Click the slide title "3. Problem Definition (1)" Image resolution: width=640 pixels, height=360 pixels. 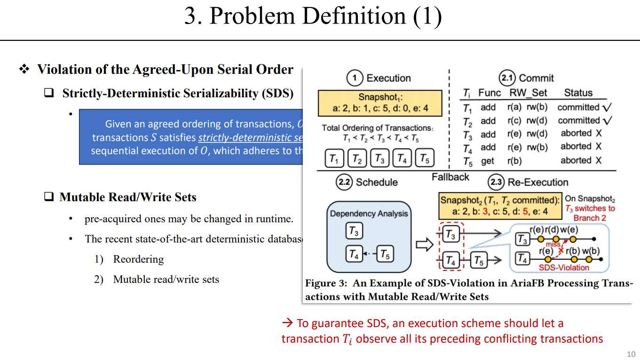[313, 16]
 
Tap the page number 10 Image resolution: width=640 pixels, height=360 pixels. [631, 354]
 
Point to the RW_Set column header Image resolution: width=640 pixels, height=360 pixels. [529, 93]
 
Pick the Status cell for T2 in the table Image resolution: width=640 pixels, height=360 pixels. [585, 121]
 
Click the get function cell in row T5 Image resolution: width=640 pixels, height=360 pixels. [487, 161]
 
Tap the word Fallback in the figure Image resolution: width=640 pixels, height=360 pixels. [450, 177]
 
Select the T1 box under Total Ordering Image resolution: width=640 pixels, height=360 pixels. [334, 159]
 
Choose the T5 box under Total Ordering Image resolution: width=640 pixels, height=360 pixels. [425, 159]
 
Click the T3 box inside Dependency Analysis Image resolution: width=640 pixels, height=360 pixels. [354, 231]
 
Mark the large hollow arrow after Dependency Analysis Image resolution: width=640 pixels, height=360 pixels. [425, 244]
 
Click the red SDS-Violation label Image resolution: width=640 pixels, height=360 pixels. [563, 267]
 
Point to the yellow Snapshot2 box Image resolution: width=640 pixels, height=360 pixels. [500, 206]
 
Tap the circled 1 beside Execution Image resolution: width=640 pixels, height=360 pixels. [355, 78]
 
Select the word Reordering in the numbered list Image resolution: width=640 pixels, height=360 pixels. [138, 259]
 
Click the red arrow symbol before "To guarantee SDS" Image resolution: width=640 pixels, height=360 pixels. [287, 323]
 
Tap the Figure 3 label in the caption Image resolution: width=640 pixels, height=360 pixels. [325, 283]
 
